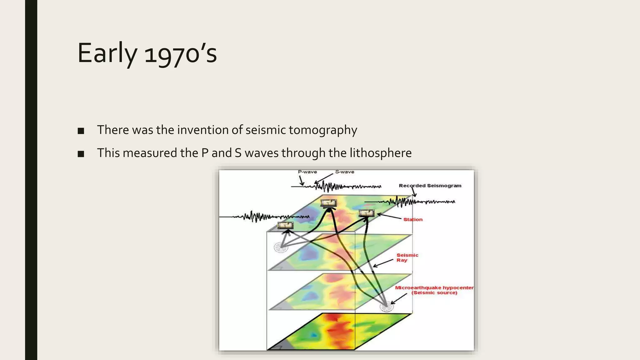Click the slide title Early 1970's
[x=147, y=53]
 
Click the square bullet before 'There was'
[x=81, y=131]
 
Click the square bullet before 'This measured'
[x=81, y=154]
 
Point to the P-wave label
[x=307, y=172]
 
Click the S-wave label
[x=345, y=172]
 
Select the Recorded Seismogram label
[x=430, y=186]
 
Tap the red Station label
[x=413, y=220]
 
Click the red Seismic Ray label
[x=407, y=257]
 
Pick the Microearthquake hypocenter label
[x=434, y=290]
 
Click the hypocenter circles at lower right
[x=387, y=307]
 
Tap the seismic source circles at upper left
[x=281, y=247]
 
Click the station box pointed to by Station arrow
[x=367, y=213]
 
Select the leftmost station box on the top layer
[x=286, y=225]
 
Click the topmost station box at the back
[x=329, y=203]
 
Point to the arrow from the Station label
[x=389, y=216]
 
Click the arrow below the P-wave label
[x=301, y=181]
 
